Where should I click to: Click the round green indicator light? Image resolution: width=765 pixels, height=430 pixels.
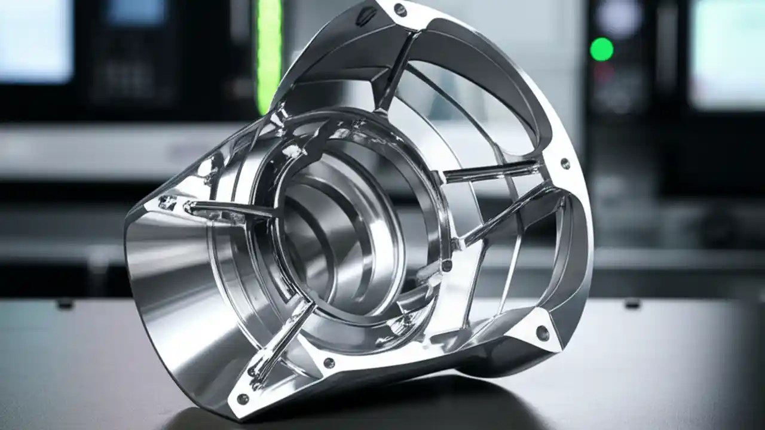coord(601,49)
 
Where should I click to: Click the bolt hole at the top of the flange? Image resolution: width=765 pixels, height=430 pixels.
coord(400,10)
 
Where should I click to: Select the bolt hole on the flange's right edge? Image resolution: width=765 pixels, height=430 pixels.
coord(565,163)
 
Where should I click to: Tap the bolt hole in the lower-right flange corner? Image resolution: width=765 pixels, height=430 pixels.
coord(542,333)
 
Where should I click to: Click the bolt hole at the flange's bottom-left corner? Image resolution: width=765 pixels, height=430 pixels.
coord(243,398)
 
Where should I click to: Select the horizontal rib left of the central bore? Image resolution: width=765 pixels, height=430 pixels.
coord(230,210)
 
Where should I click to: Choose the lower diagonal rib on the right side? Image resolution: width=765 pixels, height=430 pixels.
coord(508,215)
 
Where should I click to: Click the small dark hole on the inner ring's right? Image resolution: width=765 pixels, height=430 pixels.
coord(446,265)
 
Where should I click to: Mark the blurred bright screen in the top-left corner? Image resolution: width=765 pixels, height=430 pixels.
coord(36,39)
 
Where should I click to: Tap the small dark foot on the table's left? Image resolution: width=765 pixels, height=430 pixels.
coord(65,304)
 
